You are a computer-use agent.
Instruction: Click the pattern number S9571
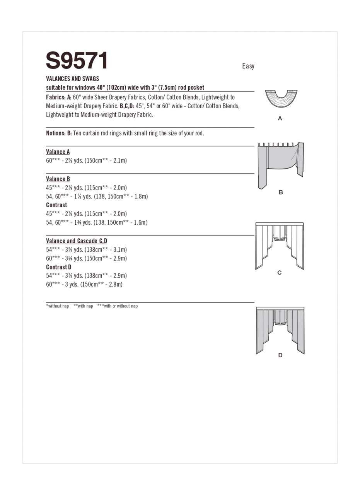click(77, 61)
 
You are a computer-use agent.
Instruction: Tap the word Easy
click(248, 66)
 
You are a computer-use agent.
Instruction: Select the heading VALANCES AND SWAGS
click(72, 79)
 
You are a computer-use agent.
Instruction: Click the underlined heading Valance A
click(58, 152)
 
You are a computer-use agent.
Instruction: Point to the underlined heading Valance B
click(58, 179)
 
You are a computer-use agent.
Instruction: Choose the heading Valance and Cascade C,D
click(77, 241)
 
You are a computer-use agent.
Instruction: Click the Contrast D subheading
click(59, 267)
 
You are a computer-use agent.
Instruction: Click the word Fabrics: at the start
click(56, 97)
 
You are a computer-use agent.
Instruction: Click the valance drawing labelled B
click(281, 164)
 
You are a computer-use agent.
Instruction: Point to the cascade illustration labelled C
click(280, 246)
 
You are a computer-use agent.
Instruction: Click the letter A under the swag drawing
click(280, 119)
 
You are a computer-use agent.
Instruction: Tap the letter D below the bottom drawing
click(280, 355)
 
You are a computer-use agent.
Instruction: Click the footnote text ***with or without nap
click(118, 306)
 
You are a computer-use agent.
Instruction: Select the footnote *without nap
click(57, 306)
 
